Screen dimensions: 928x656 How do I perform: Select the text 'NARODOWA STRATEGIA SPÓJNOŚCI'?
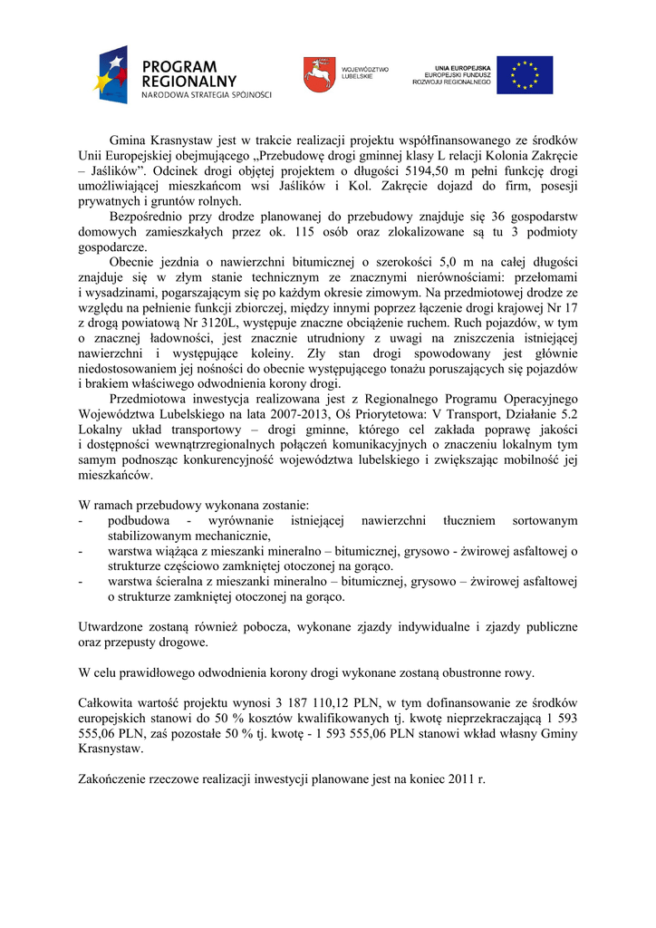coord(206,95)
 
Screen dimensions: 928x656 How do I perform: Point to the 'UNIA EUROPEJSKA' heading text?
coord(462,68)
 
